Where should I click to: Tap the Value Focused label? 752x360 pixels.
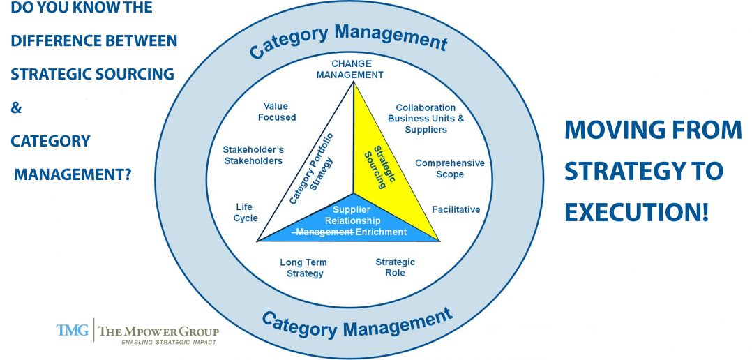[x=277, y=112]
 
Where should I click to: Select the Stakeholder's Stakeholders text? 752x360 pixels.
[x=253, y=156]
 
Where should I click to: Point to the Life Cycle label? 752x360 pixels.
[x=246, y=213]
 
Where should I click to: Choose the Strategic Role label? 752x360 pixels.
[x=395, y=267]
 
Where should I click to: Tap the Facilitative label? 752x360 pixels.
[x=456, y=209]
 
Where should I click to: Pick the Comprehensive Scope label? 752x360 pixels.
[x=450, y=168]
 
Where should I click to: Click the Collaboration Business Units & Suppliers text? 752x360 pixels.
[x=426, y=119]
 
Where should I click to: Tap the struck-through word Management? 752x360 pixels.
[x=324, y=232]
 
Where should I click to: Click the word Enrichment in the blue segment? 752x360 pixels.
[x=382, y=232]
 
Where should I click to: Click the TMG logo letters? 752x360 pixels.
[x=73, y=330]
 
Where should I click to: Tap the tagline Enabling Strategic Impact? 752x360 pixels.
[x=168, y=343]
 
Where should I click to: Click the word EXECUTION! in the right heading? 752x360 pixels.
[x=637, y=211]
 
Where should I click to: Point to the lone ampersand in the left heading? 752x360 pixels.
[x=16, y=108]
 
